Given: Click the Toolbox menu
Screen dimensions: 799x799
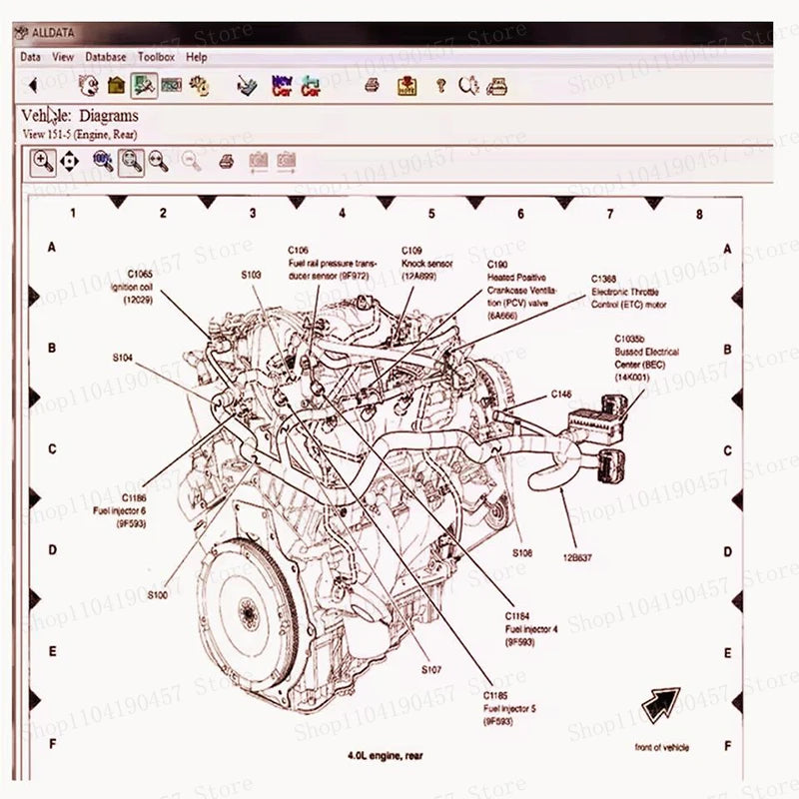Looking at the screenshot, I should coord(156,58).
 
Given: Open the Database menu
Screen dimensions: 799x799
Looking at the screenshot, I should coord(106,58).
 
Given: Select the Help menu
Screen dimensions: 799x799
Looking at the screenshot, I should coord(197,58).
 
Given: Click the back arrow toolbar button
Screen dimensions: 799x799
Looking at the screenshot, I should coord(32,86).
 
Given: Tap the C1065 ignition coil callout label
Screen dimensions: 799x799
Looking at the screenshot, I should coord(139,286).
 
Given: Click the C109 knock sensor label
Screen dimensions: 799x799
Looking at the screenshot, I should coord(425,262).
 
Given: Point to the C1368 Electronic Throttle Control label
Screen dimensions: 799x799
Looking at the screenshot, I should coord(627,291).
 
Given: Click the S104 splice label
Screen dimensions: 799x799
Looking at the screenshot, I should coord(122,356).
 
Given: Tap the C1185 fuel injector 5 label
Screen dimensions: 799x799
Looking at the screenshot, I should coord(509,706).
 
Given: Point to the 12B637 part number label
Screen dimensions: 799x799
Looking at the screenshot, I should coord(577,558).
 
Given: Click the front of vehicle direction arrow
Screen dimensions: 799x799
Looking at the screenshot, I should coord(659,706).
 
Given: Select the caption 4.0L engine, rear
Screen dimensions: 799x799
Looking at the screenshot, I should coord(385,756).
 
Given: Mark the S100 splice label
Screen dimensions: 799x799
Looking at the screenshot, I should coord(158,595).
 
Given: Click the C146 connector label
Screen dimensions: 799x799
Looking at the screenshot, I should coord(561,395).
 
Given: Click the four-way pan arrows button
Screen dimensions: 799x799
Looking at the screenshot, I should coord(69,161).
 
